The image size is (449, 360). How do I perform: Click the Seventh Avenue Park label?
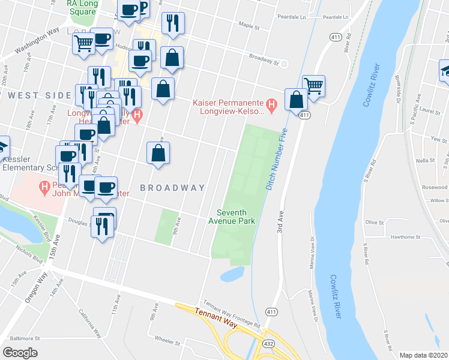coord(236,217)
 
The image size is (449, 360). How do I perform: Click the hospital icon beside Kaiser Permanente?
coord(271,106)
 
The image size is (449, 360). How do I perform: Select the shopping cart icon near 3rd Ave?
coord(313,86)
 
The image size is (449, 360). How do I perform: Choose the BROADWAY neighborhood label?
coord(173,188)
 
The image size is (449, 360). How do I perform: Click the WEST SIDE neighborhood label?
coord(40,95)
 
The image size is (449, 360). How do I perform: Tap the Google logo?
coord(20,353)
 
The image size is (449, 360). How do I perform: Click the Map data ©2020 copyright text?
coord(424,355)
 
